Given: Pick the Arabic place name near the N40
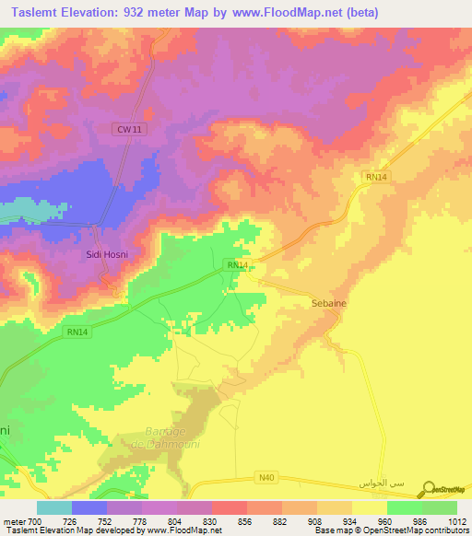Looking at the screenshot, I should [x=384, y=484].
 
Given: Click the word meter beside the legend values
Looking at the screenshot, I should [x=12, y=521].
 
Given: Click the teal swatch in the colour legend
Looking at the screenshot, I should [x=54, y=507].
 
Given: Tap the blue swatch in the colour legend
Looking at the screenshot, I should [x=89, y=507].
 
